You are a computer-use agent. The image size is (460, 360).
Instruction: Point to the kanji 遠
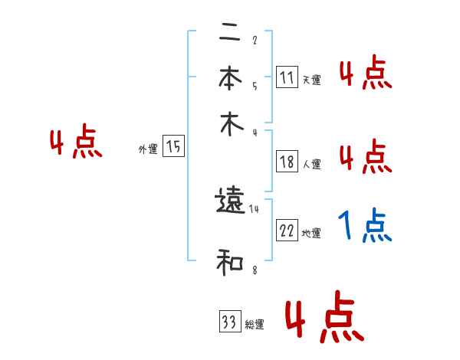click(230, 201)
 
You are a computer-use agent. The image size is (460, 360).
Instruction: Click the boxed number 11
click(287, 77)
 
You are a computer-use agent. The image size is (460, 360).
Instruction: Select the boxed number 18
click(287, 162)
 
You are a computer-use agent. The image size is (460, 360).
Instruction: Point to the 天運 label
click(311, 80)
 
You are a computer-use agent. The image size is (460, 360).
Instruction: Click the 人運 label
click(311, 164)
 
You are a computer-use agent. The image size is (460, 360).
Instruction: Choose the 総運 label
click(254, 325)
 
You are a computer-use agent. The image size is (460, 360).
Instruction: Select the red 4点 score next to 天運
click(365, 74)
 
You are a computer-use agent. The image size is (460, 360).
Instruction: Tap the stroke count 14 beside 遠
click(254, 208)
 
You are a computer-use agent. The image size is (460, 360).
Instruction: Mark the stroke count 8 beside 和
click(254, 270)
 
